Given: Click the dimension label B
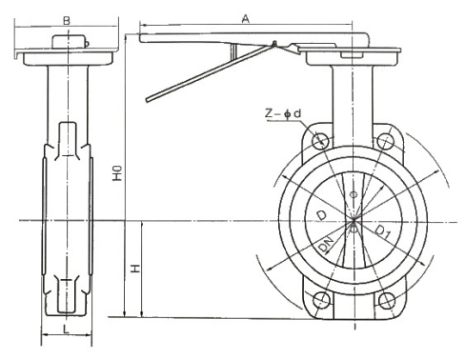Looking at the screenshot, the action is click(x=67, y=21).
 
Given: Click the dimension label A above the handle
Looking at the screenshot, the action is click(x=246, y=19).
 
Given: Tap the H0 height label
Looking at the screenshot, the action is click(x=117, y=173).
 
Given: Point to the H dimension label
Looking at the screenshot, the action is click(x=135, y=269).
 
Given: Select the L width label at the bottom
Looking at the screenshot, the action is click(x=66, y=329).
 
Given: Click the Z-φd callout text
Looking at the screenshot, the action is click(x=283, y=113).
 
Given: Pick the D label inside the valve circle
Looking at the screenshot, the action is click(x=321, y=215).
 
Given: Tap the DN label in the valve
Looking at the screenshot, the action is click(x=326, y=244).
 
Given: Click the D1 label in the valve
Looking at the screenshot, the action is click(x=382, y=231).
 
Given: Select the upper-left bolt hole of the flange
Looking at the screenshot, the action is click(x=320, y=141).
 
